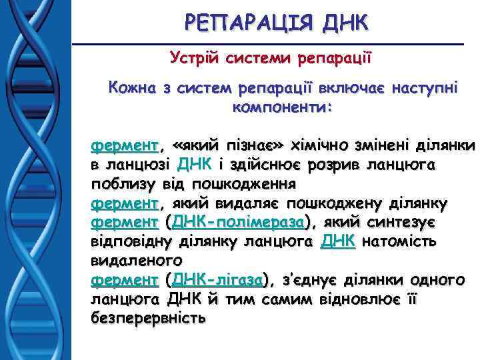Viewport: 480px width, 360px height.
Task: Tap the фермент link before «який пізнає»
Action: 125,145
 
